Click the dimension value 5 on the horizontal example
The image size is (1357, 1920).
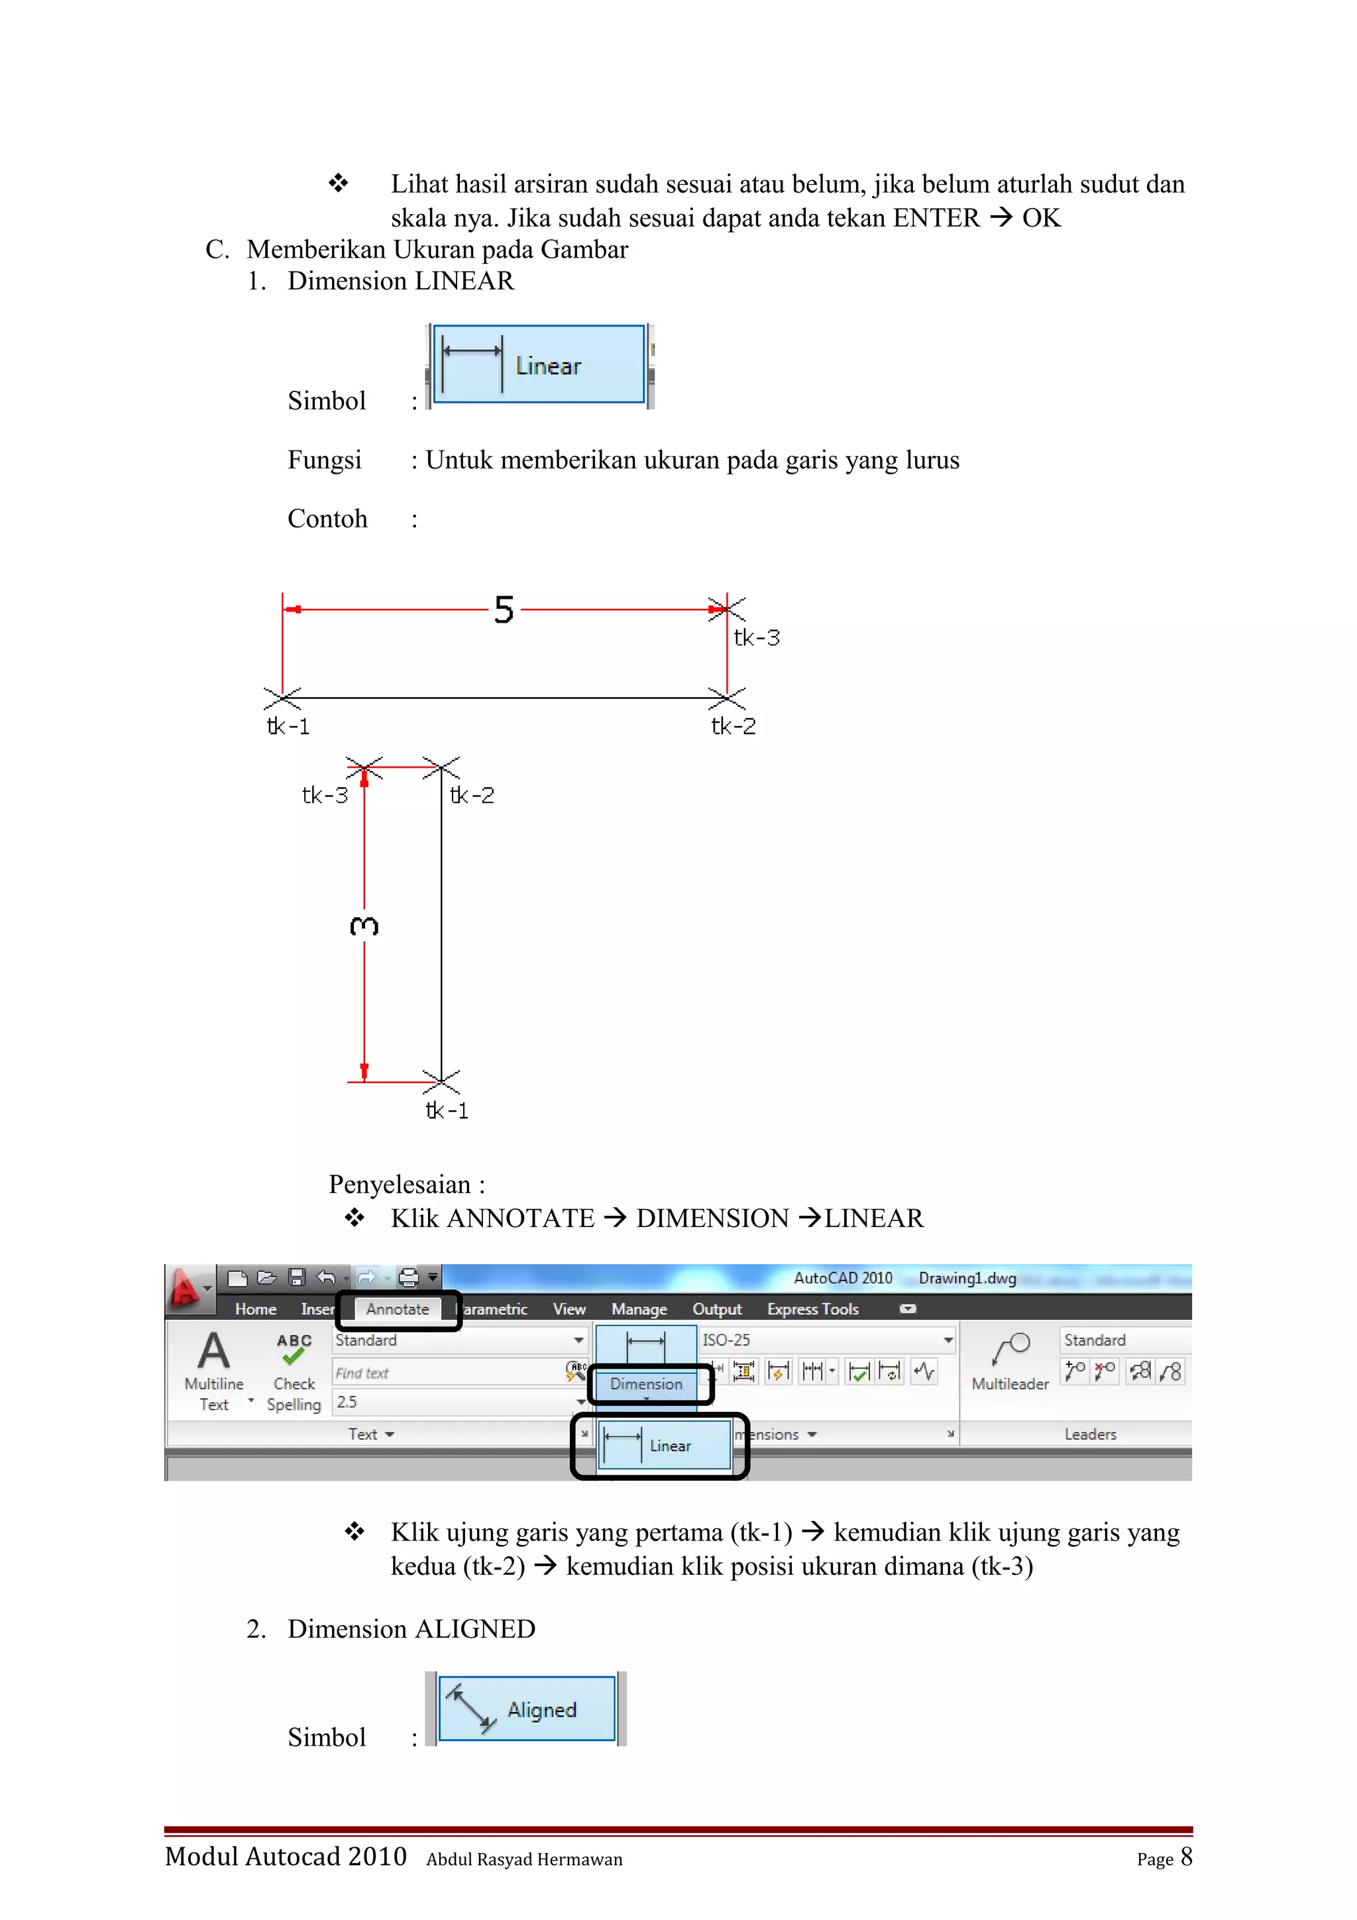pos(504,610)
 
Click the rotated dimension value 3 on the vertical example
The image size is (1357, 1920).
pos(364,926)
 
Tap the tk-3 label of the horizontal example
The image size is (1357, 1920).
pos(757,638)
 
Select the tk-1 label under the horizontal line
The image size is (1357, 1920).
pos(288,726)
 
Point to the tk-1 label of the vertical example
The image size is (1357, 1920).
pos(447,1110)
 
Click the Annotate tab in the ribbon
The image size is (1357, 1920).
pos(397,1310)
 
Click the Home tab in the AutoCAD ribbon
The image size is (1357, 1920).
pos(255,1310)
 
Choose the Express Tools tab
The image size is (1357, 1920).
pos(813,1310)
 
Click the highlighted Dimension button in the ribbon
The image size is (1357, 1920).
pos(646,1384)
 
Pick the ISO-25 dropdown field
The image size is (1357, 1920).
pos(824,1340)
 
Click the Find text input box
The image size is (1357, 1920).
pos(447,1373)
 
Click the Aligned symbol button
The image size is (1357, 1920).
pos(527,1709)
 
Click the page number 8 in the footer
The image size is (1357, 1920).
pos(1185,1857)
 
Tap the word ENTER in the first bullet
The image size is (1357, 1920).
pos(936,218)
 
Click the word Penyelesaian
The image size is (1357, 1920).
pos(400,1185)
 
